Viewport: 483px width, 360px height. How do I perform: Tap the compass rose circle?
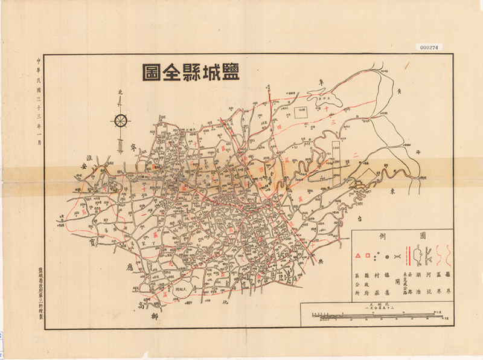point(120,120)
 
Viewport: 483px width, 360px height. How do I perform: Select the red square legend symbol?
point(366,257)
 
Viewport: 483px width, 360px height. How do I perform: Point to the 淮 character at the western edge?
point(88,162)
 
